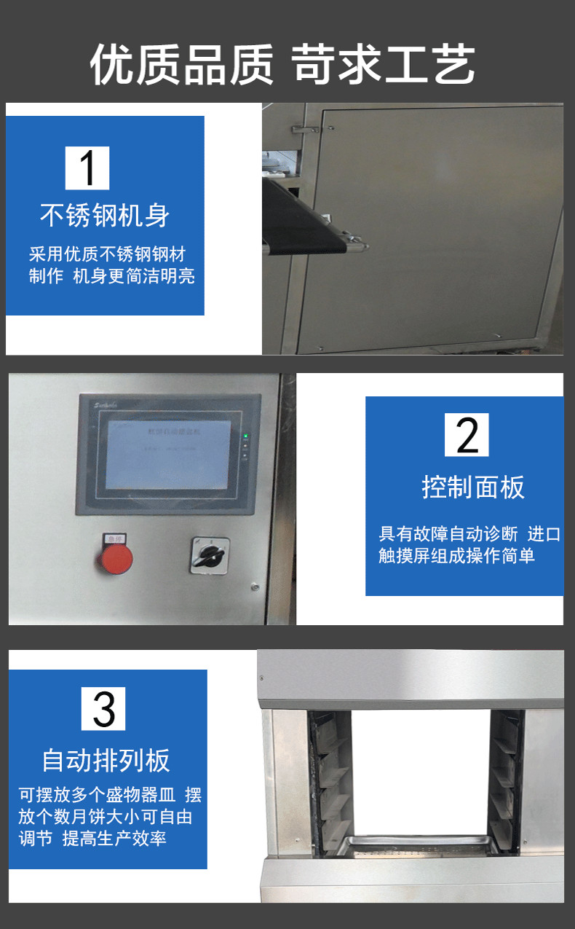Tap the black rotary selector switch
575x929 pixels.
point(210,557)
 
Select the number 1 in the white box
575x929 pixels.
point(87,168)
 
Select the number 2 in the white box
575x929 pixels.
point(467,435)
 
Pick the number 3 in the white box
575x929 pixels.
point(103,708)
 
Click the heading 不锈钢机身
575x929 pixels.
point(105,216)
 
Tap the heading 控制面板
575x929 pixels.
point(473,487)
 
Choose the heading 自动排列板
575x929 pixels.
point(106,760)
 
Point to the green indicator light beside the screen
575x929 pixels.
point(246,437)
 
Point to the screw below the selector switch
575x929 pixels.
point(253,586)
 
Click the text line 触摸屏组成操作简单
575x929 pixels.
point(456,555)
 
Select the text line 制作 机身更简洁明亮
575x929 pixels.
point(112,276)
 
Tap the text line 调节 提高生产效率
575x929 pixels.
point(92,838)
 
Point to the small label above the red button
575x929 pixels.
point(116,538)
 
